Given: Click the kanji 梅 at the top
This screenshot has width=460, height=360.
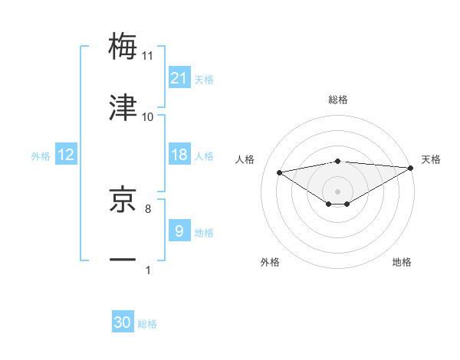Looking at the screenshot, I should point(123,46).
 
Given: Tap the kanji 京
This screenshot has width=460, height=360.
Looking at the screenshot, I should point(123,198).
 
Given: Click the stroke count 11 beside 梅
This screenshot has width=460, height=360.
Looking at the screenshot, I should point(148,56).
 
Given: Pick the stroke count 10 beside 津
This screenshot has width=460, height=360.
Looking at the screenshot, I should point(148,116).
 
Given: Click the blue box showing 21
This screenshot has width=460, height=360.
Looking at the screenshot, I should point(179,78).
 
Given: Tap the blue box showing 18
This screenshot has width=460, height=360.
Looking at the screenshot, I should point(179,155).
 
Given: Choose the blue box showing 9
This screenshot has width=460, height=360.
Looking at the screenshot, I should point(179,231).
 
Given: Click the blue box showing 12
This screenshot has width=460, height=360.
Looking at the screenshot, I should point(66,155).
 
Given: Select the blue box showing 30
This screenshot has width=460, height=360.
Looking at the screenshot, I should point(123,322).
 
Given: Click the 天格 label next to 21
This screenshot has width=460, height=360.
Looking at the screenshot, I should point(204,79).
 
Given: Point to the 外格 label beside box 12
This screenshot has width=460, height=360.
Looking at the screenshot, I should point(41,155).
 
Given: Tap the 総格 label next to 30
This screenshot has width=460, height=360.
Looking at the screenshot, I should point(147,323).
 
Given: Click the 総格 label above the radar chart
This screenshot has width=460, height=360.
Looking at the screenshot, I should point(337,100).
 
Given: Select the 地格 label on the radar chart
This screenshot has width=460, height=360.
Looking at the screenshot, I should point(402,262).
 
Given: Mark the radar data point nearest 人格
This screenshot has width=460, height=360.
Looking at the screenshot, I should point(279,172).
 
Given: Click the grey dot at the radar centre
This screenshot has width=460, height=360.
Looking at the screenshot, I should point(337,191).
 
